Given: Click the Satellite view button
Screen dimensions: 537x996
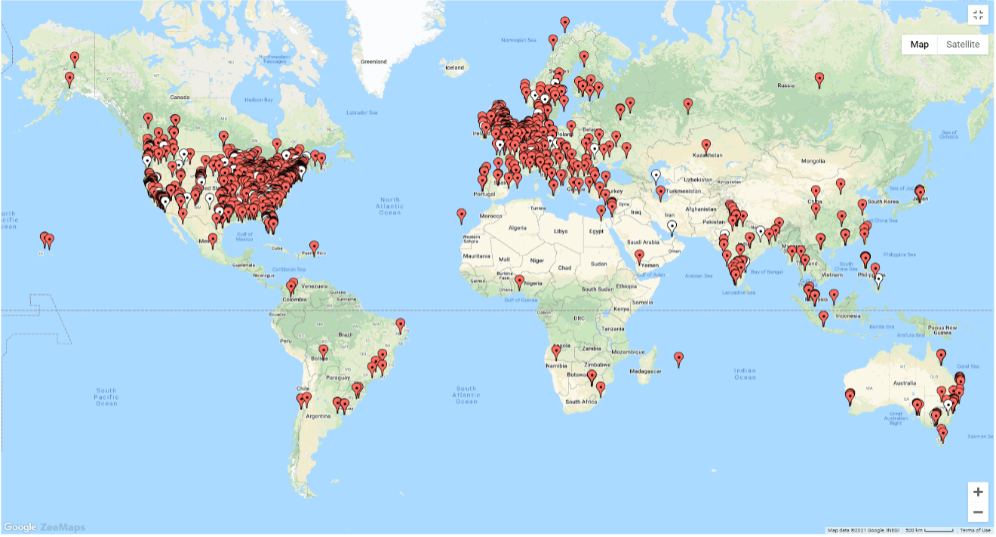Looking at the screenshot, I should [963, 45].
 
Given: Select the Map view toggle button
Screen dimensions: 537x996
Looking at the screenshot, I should [919, 45].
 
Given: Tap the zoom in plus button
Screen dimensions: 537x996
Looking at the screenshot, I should [978, 492].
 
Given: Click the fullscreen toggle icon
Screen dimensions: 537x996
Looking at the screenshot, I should [978, 16].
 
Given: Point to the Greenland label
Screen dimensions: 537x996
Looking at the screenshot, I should [373, 61].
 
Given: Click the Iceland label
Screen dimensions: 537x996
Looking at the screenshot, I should [455, 67].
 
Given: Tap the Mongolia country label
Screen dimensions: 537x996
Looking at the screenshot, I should [813, 161].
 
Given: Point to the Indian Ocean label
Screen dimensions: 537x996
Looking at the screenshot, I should [745, 374].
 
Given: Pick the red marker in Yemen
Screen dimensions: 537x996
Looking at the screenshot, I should [639, 256].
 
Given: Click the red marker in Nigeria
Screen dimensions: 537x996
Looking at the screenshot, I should [519, 281].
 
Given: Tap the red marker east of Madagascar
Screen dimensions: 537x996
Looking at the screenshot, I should [678, 359].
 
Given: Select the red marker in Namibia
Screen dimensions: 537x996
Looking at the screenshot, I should [557, 351].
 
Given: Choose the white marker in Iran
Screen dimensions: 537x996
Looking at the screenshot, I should [672, 225].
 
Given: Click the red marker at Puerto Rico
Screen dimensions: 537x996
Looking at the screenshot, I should [314, 246].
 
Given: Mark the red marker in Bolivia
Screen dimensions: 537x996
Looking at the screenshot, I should [324, 351].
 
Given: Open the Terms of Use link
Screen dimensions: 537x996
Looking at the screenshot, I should [976, 530].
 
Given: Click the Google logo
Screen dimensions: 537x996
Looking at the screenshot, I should [20, 527].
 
